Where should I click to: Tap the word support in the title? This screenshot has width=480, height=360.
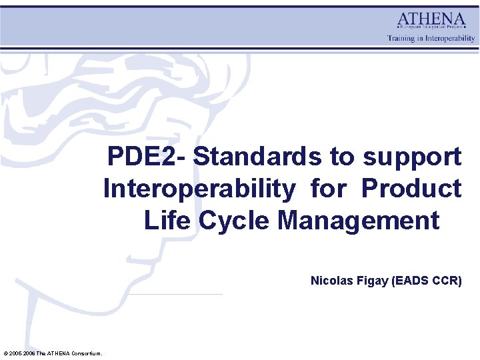(412, 157)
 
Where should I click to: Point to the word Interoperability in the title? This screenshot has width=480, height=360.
(198, 189)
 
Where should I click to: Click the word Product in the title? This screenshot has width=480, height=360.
(411, 189)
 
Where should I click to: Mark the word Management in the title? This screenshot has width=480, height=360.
(359, 220)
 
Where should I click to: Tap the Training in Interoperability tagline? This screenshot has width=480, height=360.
(431, 38)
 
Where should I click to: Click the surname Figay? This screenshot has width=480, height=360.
(370, 281)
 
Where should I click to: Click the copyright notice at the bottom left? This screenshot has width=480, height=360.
(53, 353)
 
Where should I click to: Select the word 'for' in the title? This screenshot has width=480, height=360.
(328, 189)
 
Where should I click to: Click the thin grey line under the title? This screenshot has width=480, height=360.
(175, 294)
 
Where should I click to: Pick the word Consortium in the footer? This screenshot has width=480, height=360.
(85, 353)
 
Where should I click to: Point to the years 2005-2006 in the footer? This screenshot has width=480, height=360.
(21, 353)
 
